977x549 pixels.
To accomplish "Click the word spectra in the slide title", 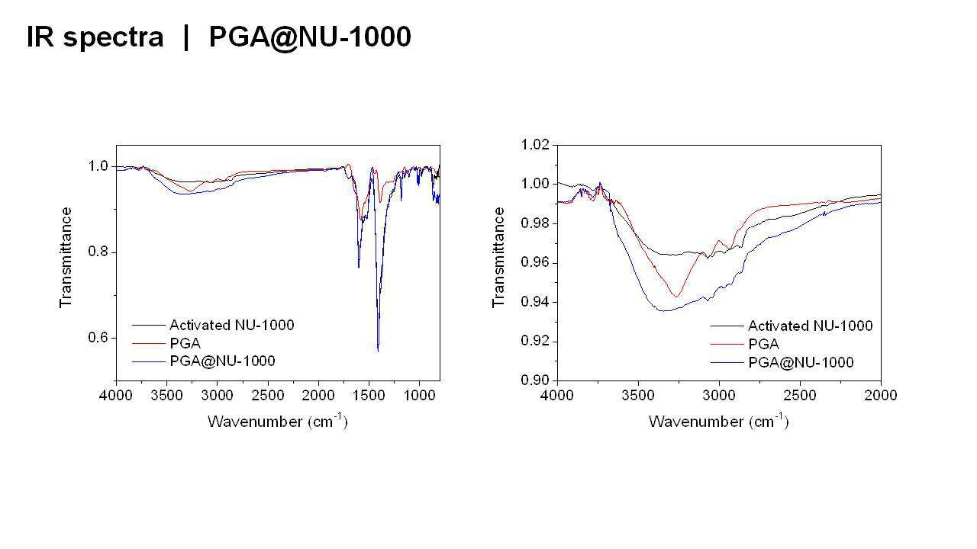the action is tap(114, 37).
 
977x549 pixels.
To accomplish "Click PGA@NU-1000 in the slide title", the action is tap(310, 37).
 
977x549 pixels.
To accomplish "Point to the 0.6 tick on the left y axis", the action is tap(98, 338).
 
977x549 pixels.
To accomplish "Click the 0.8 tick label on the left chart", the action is tap(98, 252).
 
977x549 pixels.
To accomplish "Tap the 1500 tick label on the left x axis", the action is tap(369, 396).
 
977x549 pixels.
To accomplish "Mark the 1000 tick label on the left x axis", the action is tap(419, 396).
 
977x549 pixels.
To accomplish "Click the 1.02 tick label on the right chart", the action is tap(535, 144).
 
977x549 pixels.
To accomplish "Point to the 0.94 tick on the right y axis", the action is tap(535, 301).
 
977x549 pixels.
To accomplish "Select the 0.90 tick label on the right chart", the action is tap(535, 380).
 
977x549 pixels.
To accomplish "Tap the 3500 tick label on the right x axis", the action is tap(638, 396).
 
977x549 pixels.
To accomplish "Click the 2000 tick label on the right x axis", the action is tap(881, 396).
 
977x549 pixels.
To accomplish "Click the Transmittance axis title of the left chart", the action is tap(66, 258).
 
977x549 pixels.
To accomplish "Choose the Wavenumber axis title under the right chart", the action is tap(719, 422).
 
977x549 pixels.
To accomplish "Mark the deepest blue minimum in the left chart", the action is tap(378, 351).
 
